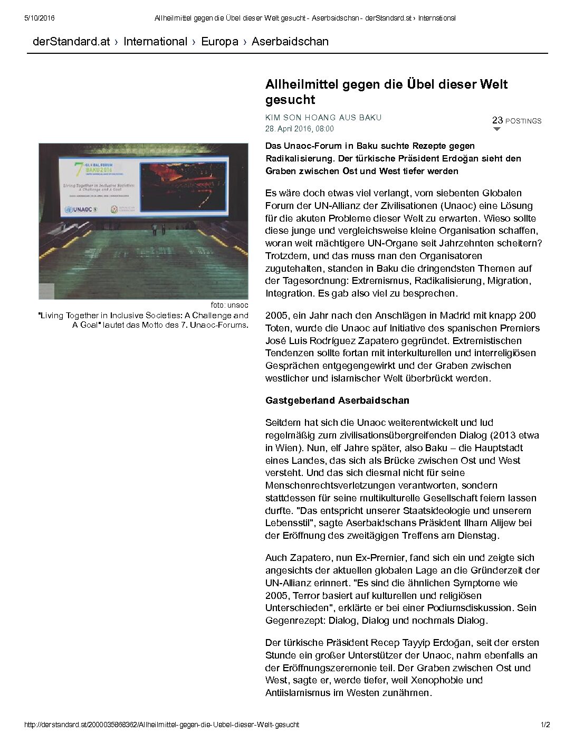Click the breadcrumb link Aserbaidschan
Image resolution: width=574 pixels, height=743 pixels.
[290, 42]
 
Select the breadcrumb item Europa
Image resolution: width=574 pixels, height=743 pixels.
[219, 42]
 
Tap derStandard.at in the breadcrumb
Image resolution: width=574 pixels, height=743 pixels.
[71, 42]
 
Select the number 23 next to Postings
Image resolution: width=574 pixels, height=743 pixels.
[497, 120]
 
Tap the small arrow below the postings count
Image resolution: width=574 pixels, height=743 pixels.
[496, 129]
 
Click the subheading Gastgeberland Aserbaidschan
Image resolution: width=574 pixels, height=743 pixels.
[337, 401]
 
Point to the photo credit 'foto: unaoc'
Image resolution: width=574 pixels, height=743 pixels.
[229, 305]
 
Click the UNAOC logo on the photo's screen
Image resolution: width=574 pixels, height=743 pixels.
[81, 209]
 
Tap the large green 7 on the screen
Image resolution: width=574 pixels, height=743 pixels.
[79, 169]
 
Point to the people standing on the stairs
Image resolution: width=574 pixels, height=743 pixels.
[158, 229]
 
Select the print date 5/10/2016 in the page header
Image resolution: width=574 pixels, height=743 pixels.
[40, 18]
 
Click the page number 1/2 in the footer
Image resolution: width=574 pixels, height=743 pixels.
[545, 725]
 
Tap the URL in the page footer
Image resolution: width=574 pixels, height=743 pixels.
[161, 725]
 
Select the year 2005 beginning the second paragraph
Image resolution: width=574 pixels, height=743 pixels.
[276, 316]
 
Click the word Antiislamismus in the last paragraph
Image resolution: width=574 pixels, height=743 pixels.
[298, 693]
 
